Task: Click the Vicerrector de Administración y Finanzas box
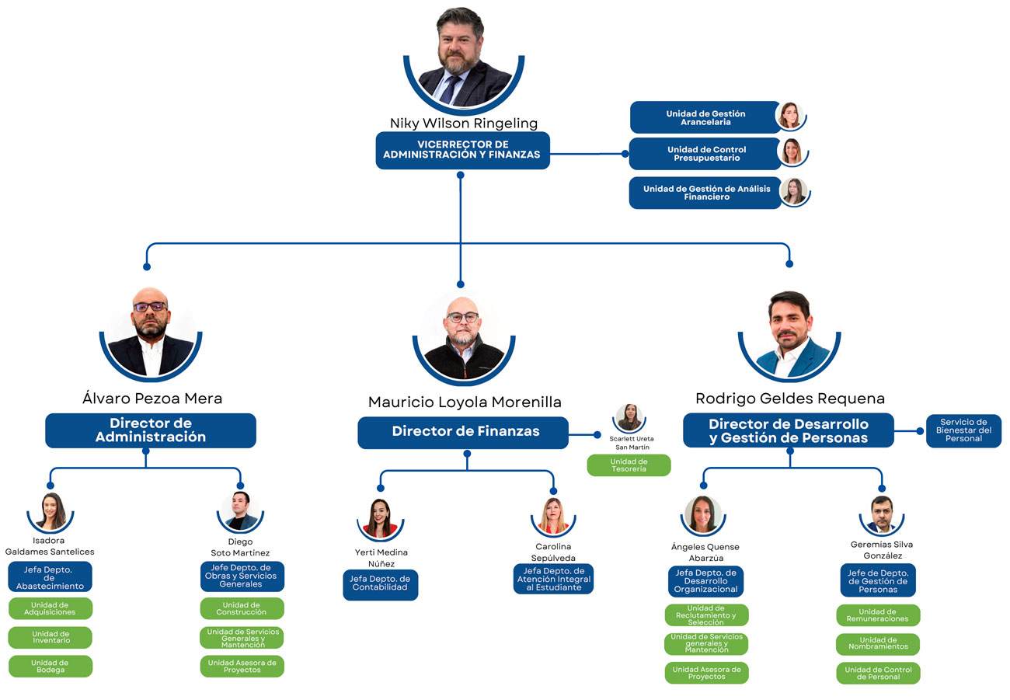click(462, 150)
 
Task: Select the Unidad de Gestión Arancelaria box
click(705, 117)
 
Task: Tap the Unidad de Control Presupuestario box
click(705, 154)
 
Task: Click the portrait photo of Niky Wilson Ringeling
click(464, 58)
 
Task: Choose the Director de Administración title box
click(151, 430)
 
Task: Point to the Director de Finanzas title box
click(463, 432)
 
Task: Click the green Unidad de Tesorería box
click(629, 465)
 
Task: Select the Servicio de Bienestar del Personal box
click(963, 430)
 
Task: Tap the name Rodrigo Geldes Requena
click(790, 399)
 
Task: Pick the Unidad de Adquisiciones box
click(50, 608)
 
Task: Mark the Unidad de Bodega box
click(50, 666)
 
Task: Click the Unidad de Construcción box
click(242, 608)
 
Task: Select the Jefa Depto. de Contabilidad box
click(381, 584)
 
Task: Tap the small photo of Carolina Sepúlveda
click(553, 516)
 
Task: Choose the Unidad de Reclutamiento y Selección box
click(706, 615)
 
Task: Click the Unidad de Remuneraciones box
click(878, 615)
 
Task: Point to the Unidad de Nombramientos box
click(878, 644)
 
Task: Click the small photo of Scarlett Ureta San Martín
click(629, 418)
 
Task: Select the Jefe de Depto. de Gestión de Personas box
click(878, 580)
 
